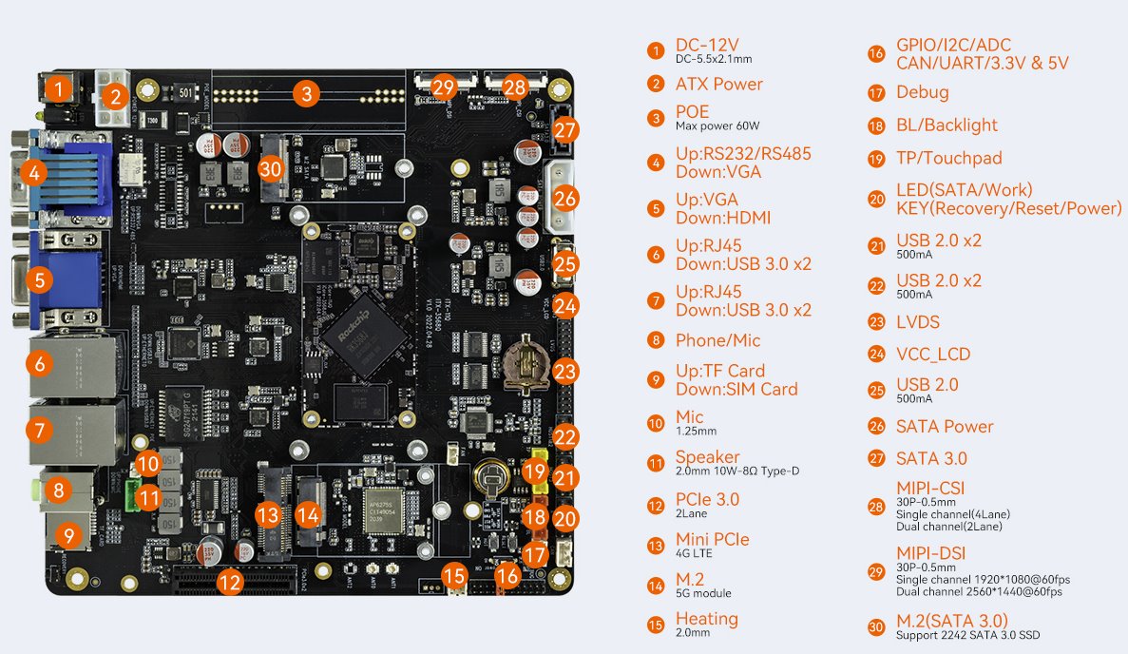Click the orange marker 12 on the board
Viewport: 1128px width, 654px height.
click(x=229, y=582)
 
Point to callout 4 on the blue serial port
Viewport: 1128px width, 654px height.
click(x=34, y=172)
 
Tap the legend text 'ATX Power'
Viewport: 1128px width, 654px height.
click(x=718, y=84)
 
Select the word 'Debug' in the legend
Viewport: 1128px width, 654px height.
click(x=922, y=92)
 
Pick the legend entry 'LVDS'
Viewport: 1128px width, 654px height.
click(x=917, y=322)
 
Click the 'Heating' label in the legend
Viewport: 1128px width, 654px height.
click(x=706, y=619)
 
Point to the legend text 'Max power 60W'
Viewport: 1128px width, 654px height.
click(x=717, y=125)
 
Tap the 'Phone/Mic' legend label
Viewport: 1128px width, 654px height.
click(x=717, y=340)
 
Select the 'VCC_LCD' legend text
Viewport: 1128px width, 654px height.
click(x=933, y=355)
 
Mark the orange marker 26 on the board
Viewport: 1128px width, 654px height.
click(x=565, y=199)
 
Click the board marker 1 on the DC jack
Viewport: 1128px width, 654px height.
click(x=59, y=90)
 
